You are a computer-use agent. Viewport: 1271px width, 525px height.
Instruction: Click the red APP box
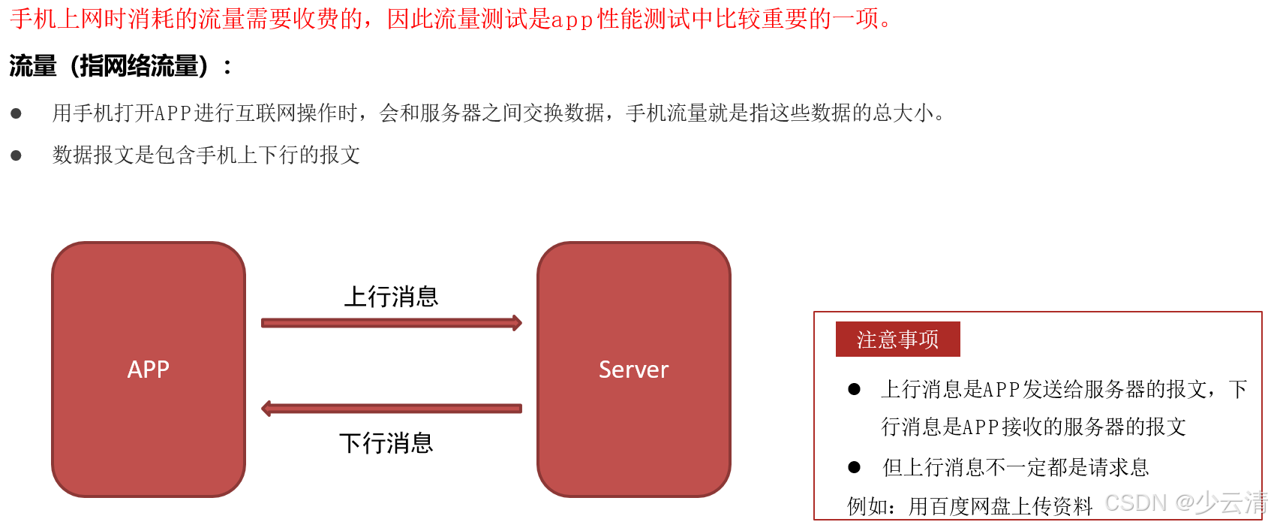(x=149, y=300)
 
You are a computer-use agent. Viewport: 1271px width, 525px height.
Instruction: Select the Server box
(x=634, y=300)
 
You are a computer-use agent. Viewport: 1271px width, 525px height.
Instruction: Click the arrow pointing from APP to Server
(x=391, y=323)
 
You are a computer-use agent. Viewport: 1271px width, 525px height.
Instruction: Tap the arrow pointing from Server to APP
(x=391, y=409)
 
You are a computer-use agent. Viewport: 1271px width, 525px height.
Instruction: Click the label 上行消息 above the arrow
(x=391, y=297)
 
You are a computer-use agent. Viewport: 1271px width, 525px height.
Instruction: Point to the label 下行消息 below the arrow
(x=386, y=443)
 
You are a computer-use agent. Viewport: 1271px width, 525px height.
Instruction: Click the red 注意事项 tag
(x=897, y=339)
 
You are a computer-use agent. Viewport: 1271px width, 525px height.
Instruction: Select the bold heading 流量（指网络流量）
(x=109, y=66)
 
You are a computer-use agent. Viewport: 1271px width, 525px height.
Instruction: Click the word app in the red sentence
(x=572, y=20)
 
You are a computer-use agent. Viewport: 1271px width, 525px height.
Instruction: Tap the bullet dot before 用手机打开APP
(x=16, y=113)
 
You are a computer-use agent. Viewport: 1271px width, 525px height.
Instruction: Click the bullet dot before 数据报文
(x=16, y=155)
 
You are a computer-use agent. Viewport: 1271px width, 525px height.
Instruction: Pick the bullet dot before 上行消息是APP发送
(x=854, y=389)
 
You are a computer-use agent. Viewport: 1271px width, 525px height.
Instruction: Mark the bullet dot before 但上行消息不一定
(x=854, y=467)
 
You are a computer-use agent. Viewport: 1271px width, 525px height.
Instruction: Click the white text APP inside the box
(x=149, y=370)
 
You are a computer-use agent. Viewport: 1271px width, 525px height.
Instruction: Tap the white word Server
(x=634, y=370)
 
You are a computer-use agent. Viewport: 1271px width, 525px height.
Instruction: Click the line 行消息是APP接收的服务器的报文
(x=1033, y=427)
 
